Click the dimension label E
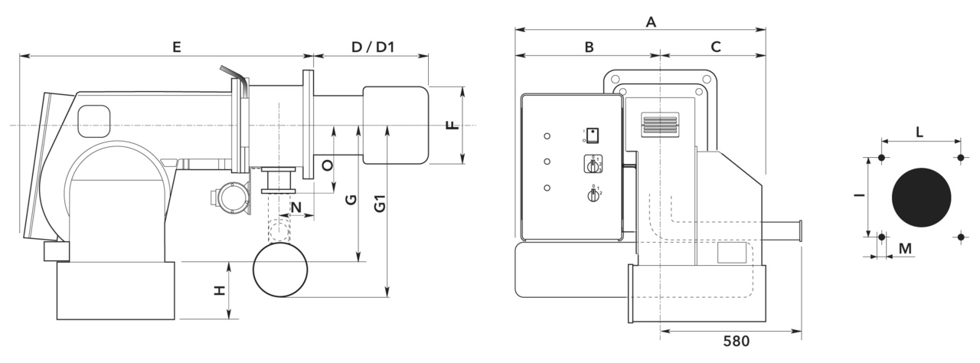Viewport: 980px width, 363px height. click(x=177, y=47)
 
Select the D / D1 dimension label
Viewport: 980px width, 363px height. click(x=373, y=47)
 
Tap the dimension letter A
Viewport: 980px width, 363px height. click(x=651, y=21)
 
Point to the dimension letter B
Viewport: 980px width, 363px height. click(x=590, y=47)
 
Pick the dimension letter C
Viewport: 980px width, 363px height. click(x=716, y=47)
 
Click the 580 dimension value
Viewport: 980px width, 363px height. click(x=737, y=341)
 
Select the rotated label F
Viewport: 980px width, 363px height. click(x=452, y=125)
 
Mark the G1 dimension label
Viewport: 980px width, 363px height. click(x=380, y=204)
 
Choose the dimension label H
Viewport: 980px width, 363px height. click(x=219, y=290)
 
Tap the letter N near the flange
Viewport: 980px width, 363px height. click(x=296, y=207)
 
